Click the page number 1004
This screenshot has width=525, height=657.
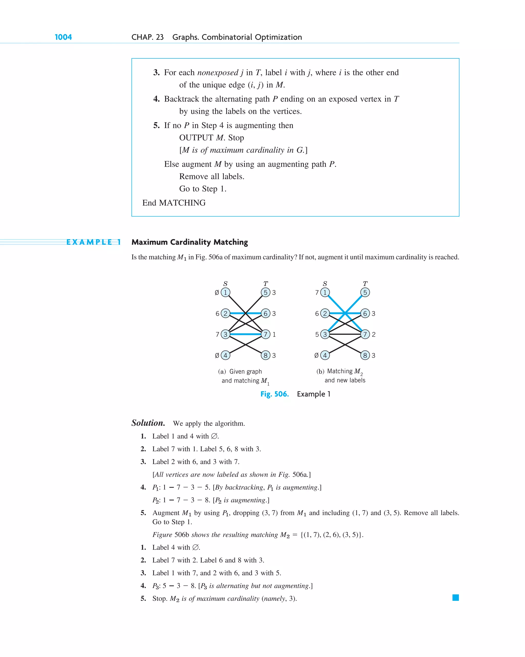point(63,37)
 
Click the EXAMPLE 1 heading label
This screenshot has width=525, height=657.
point(94,242)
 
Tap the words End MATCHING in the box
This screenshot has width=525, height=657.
point(174,203)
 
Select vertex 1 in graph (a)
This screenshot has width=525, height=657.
point(225,292)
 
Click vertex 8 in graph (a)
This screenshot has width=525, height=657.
point(266,355)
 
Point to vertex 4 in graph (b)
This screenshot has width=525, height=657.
point(325,355)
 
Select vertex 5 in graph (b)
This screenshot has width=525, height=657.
point(365,292)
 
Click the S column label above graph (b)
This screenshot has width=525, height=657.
point(325,284)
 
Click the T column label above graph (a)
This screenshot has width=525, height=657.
point(266,284)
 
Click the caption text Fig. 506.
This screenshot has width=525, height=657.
point(274,394)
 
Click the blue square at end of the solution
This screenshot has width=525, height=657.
point(456,597)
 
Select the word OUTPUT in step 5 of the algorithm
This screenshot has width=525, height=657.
point(196,138)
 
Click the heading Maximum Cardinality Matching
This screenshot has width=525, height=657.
point(190,242)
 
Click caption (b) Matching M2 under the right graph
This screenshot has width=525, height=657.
point(340,371)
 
